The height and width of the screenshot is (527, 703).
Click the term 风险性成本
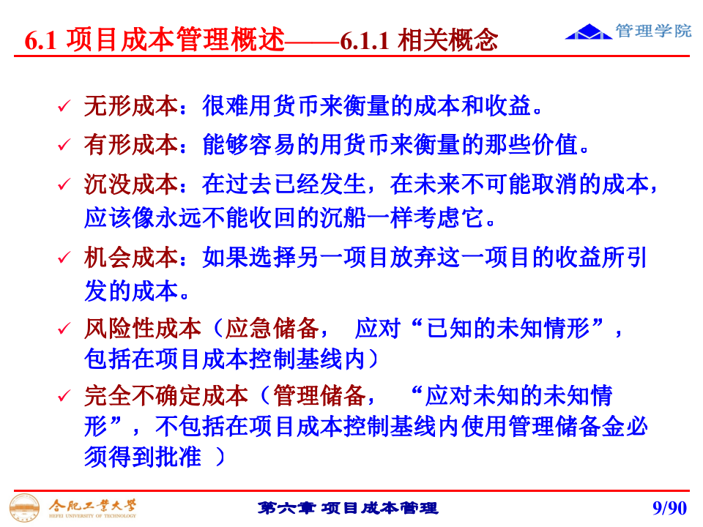pos(142,329)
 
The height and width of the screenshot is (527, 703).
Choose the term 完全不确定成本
pos(166,397)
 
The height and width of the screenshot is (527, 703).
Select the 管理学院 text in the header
pos(653,31)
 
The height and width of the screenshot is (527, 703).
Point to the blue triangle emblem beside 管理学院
pos(589,31)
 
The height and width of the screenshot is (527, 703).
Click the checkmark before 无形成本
pos(64,108)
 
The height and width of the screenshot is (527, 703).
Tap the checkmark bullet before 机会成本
pos(64,259)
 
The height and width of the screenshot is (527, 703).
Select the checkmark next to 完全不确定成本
pos(64,398)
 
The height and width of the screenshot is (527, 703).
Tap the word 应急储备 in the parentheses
pos(272,329)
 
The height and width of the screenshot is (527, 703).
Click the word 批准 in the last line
pos(178,457)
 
